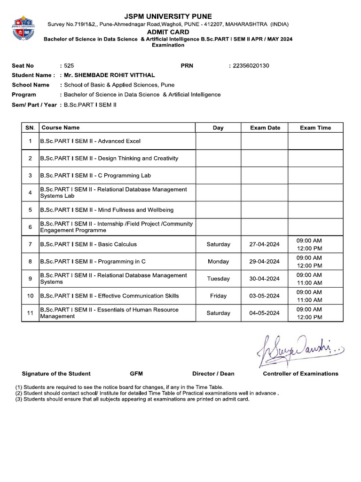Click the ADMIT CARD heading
tap(168, 32)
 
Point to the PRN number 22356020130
tap(251, 66)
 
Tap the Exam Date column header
tap(265, 128)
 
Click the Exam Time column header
tap(315, 128)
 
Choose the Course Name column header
tap(61, 128)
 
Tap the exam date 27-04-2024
tap(264, 244)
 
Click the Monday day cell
tap(218, 262)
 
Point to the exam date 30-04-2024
tap(264, 279)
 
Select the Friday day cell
tap(218, 296)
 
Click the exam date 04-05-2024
tap(264, 313)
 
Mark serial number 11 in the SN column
tap(30, 313)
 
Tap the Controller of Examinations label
tap(300, 374)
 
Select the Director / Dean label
tap(213, 374)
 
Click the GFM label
tap(136, 374)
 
